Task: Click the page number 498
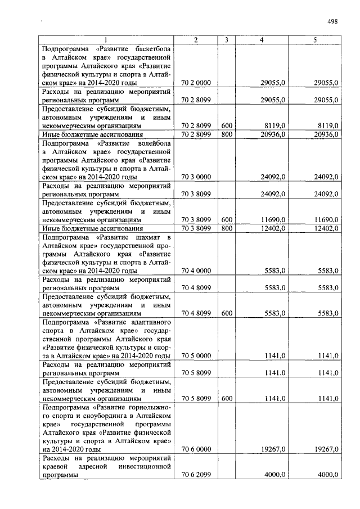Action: tap(332, 22)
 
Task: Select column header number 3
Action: tap(226, 39)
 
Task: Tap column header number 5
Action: tap(314, 39)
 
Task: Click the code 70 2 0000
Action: tap(196, 83)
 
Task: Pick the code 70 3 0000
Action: tap(196, 177)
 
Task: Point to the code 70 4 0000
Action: tap(196, 271)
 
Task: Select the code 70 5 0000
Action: tap(196, 355)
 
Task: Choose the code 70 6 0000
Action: tap(196, 449)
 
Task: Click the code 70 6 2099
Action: tap(196, 475)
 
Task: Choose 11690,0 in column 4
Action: tap(274, 219)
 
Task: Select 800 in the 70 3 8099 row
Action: tap(226, 228)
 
